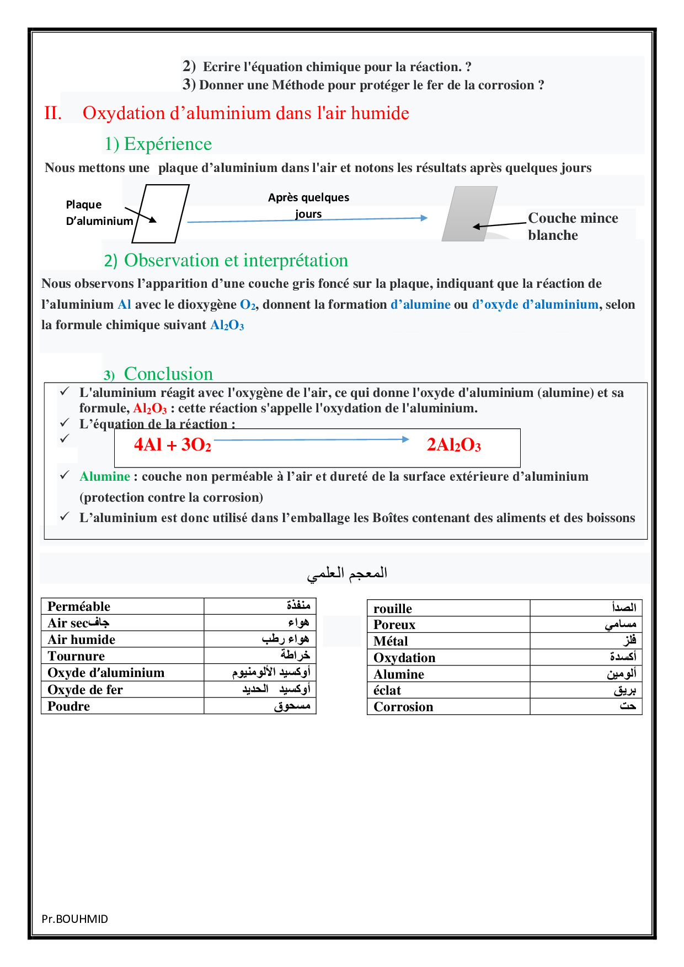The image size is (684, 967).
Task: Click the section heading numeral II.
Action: [x=53, y=113]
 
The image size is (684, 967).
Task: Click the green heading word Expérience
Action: [x=168, y=144]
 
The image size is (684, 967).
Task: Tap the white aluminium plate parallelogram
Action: [x=161, y=214]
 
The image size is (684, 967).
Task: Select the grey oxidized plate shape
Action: [x=469, y=214]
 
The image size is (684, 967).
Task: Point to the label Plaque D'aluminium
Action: [x=99, y=213]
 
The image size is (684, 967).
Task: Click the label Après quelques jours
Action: [x=308, y=205]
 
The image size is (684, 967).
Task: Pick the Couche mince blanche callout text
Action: [x=573, y=227]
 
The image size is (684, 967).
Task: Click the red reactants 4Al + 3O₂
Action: [x=172, y=444]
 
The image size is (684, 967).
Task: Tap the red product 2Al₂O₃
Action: [x=453, y=444]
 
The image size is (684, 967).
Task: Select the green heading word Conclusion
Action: [x=168, y=374]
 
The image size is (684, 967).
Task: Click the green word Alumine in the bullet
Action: [x=105, y=476]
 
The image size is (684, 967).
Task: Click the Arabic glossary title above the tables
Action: [x=347, y=573]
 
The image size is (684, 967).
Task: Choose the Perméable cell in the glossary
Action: [x=79, y=606]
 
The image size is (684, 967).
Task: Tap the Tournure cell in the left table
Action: [x=76, y=656]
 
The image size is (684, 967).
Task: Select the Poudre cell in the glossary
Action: [x=68, y=706]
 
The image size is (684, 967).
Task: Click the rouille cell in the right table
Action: [x=393, y=609]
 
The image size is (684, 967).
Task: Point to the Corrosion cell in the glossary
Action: [x=403, y=707]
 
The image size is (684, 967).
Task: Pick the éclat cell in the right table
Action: [x=387, y=690]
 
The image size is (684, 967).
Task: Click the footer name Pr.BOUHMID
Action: [x=75, y=919]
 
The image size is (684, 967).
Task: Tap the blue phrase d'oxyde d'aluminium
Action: [x=535, y=304]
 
